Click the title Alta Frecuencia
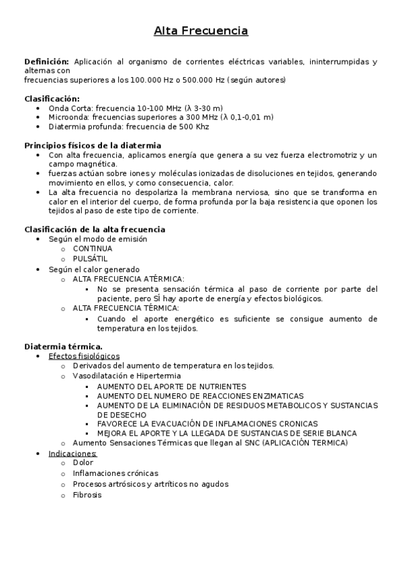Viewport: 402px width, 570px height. (x=201, y=31)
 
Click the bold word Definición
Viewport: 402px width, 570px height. (x=46, y=62)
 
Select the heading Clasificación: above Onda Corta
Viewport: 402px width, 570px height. (x=52, y=98)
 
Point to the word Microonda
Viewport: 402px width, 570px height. (x=69, y=117)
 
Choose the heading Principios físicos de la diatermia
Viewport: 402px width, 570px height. (x=93, y=145)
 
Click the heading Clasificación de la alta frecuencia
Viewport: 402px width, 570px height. (x=95, y=229)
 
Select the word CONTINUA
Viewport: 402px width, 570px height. (x=93, y=249)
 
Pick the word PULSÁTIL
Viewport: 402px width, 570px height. (x=90, y=259)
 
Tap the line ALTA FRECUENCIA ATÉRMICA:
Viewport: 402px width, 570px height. (x=128, y=279)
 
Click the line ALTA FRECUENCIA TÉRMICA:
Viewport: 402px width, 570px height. (x=125, y=309)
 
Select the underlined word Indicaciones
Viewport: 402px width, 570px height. (x=72, y=453)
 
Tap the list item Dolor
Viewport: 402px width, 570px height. (x=83, y=463)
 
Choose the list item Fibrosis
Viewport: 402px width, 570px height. (x=87, y=495)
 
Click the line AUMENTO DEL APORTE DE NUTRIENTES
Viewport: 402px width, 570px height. (x=171, y=386)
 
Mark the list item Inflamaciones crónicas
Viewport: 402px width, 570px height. (x=115, y=473)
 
